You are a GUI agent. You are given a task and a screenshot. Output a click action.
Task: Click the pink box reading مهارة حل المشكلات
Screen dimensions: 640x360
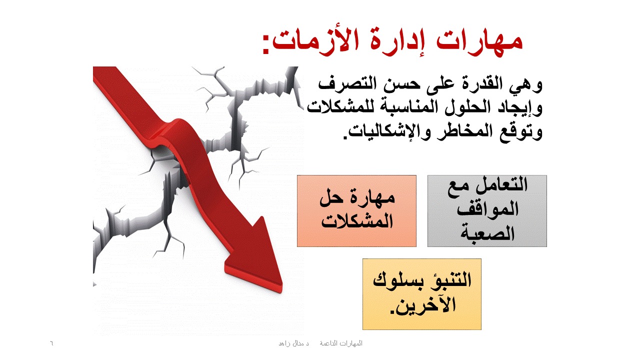pos(356,211)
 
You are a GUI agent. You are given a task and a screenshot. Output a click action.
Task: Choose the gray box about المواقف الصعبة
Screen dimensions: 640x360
pos(487,211)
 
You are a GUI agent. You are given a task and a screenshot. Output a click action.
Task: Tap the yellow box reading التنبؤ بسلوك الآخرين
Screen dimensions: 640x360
pos(422,294)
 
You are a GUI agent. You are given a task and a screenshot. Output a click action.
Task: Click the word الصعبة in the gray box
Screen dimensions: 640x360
pos(487,233)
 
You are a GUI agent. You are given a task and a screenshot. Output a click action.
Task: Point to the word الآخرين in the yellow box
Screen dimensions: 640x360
pos(423,304)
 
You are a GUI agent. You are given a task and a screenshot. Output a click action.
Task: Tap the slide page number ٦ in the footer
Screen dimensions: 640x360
pos(51,343)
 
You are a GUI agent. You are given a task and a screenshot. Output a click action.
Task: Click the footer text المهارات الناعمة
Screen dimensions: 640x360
pos(341,343)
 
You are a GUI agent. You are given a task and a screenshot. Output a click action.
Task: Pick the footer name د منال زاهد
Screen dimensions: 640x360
pos(293,343)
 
